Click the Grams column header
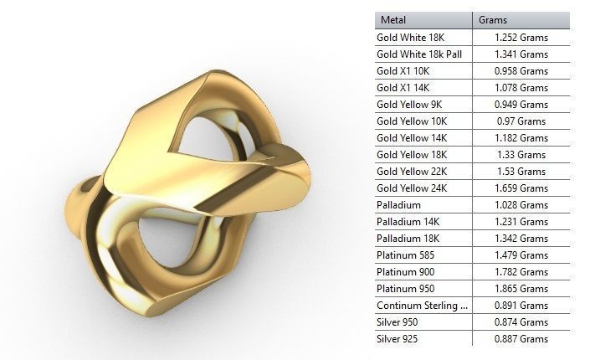493,20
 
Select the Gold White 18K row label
411,38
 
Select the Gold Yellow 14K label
412,138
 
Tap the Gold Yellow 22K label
412,172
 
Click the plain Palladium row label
398,205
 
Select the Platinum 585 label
406,255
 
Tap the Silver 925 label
398,338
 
